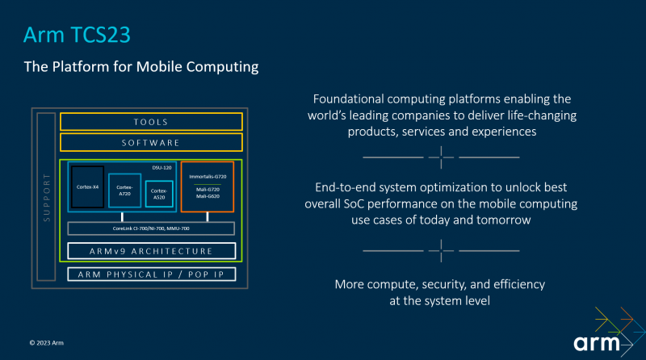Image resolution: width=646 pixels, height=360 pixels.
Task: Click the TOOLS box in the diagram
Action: [x=151, y=122]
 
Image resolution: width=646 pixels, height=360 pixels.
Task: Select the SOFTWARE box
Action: [x=151, y=143]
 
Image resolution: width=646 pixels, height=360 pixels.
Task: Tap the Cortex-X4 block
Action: [x=87, y=186]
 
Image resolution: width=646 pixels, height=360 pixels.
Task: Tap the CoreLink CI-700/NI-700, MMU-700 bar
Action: [x=151, y=228]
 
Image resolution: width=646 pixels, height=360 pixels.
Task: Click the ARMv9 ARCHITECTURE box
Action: [x=151, y=251]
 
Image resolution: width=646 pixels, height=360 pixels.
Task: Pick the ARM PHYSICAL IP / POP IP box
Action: [x=151, y=274]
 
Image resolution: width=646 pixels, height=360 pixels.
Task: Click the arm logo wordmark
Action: [x=598, y=342]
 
